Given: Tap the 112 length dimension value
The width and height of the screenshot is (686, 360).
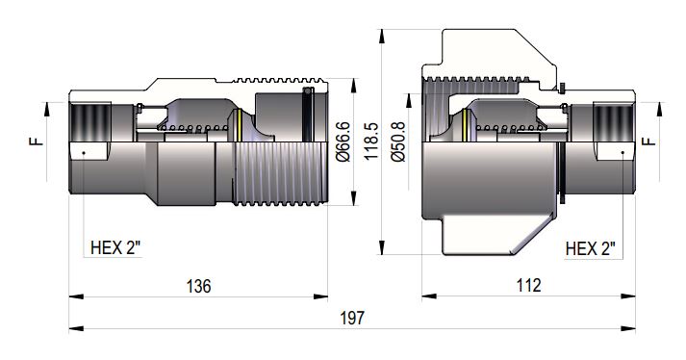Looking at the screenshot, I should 528,286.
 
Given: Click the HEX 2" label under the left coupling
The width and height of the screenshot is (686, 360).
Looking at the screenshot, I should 114,247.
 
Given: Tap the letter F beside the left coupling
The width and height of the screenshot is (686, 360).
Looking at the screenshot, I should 36,141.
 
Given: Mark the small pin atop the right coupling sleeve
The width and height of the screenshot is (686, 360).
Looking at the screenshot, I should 561,89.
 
